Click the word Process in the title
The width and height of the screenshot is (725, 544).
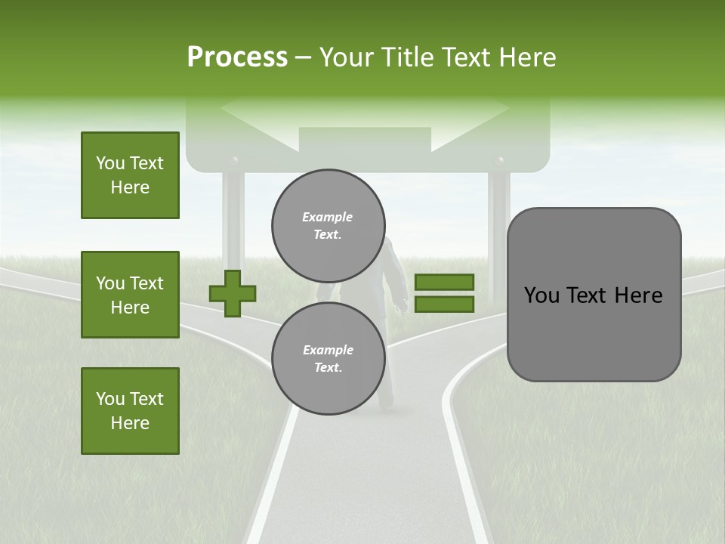[x=237, y=57]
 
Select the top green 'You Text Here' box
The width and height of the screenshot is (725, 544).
[x=130, y=175]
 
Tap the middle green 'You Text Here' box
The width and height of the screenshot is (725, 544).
[x=130, y=295]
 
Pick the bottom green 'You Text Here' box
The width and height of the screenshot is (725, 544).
[x=130, y=411]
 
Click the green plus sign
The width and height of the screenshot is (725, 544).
[x=233, y=294]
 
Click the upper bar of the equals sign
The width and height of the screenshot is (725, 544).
[x=444, y=283]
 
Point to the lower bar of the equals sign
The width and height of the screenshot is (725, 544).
[x=444, y=304]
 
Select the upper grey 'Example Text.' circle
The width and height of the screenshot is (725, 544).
[x=328, y=225]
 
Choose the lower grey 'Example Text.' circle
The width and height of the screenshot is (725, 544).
[x=328, y=358]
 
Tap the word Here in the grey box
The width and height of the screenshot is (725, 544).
[x=638, y=295]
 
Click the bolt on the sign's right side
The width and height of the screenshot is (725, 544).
[x=498, y=161]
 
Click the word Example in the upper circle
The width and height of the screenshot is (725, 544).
[x=328, y=217]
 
